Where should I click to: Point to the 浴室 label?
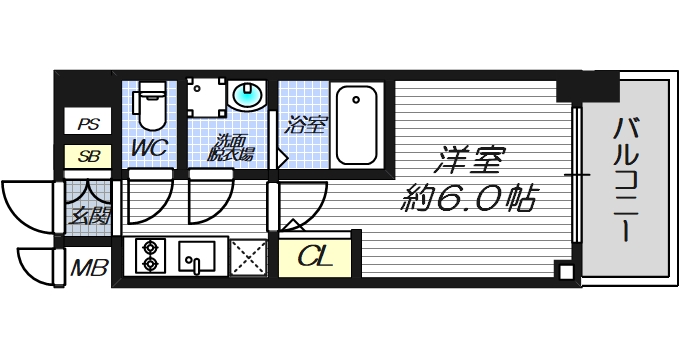pos(306,125)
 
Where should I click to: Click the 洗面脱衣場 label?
pos(231,148)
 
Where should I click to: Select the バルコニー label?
pos(628,178)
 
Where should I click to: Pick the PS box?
pos(88,124)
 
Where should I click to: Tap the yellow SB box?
pos(88,156)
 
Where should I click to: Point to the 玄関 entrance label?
pos(88,214)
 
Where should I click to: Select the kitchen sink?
pos(197,256)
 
